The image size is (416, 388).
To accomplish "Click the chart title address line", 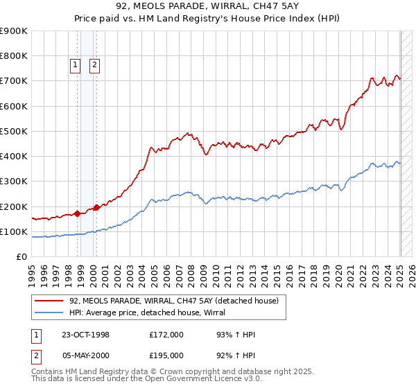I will pos(208,8).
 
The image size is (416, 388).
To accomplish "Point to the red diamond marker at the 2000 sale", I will pos(96,207).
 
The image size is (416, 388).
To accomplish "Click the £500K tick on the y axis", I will pos(14,131).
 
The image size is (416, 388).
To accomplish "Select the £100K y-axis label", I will pos(14,231).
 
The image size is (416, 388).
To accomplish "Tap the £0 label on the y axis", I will pos(21,257).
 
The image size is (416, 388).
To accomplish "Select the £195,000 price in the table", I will pos(166,356).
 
